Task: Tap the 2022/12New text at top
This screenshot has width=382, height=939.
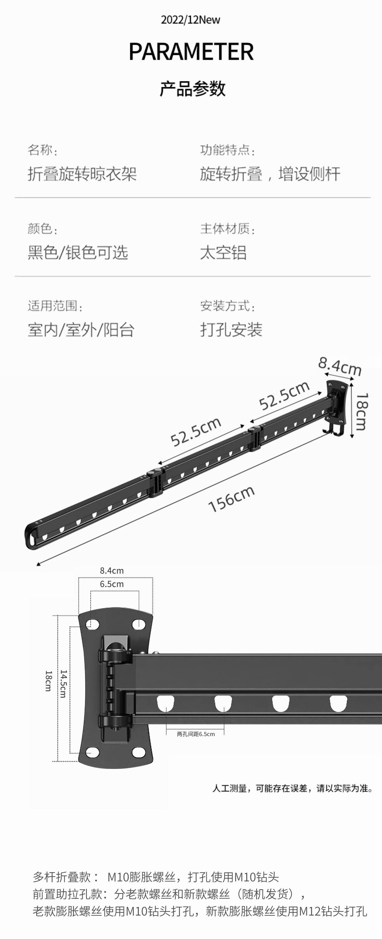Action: coord(190,20)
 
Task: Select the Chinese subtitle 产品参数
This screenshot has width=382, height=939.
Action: coord(193,88)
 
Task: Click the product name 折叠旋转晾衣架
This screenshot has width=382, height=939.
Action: coord(82,174)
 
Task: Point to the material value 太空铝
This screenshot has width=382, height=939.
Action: coord(223,253)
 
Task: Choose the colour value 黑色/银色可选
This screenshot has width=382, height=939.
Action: coord(78,253)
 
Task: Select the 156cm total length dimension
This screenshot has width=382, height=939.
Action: coord(231,499)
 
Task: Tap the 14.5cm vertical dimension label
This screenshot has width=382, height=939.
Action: coord(63,684)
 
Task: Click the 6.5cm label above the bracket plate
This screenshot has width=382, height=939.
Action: coord(112,584)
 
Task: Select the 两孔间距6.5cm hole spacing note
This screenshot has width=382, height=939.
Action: coord(196,734)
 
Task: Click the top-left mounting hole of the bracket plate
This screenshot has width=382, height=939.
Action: coord(92,624)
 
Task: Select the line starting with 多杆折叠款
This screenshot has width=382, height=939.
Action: coord(156,877)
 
